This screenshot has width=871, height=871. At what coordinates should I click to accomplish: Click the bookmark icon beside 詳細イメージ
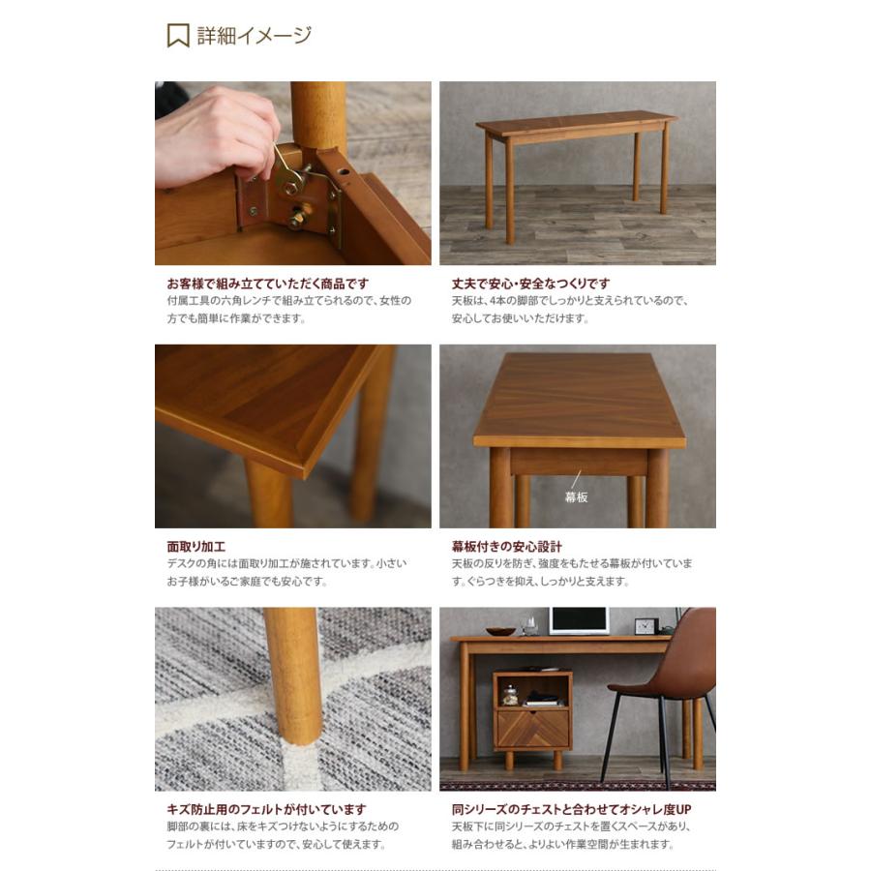coord(177,36)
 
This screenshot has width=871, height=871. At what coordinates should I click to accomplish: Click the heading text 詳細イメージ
coord(255,36)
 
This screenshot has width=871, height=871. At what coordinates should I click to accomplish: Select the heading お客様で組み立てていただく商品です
coord(267,284)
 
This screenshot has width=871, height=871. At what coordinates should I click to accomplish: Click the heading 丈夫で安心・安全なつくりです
coord(530,284)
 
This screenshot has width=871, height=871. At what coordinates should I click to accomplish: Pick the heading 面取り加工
coord(195,547)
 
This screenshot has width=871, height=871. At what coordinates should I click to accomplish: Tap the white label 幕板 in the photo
coord(576,496)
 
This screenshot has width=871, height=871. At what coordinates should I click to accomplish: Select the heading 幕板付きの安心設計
coord(506,547)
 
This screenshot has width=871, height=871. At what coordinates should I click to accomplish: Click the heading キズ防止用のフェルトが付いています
coord(266,809)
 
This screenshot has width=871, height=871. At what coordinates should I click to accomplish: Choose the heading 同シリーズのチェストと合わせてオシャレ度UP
coord(571,809)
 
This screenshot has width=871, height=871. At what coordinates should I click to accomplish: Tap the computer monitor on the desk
coord(579,620)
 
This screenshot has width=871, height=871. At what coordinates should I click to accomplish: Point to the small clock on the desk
coord(646,626)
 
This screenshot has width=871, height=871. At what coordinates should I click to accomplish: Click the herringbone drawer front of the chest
coord(532,728)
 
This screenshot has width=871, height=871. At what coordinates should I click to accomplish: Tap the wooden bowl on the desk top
coord(500,631)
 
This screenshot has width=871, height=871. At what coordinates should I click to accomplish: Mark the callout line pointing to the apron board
coord(576,479)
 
